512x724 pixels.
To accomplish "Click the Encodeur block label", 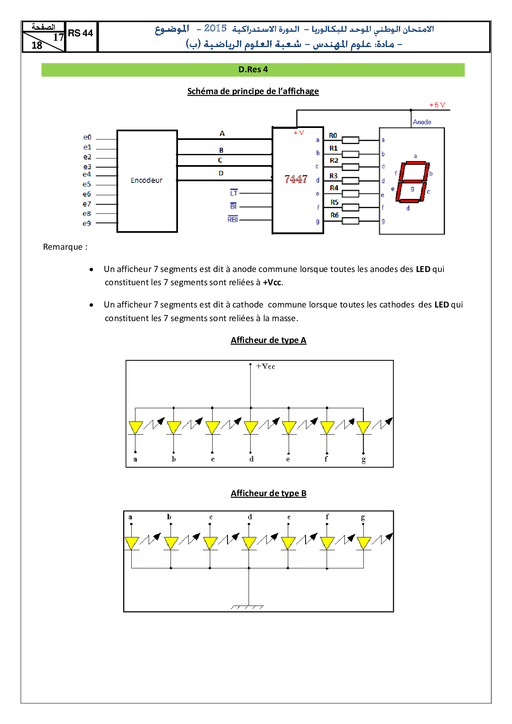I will pos(147,180).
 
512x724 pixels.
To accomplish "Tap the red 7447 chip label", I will pos(296,179).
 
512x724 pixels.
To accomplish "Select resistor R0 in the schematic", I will pos(351,140).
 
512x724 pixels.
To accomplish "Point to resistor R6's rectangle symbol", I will pos(351,221).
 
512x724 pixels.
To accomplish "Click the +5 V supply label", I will pos(437,105).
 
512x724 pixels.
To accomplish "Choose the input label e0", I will pos(87,137).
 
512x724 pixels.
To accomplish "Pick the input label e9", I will pos(87,223).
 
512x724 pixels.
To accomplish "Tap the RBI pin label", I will pos(233,220).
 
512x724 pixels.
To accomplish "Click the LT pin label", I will pos(234,193).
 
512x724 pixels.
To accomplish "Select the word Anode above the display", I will pos(422,122).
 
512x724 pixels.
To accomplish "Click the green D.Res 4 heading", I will pos(253,70).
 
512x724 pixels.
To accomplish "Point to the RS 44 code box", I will pos(81,34).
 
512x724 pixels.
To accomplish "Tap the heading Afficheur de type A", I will pos(268,340).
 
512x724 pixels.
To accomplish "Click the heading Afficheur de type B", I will pos(268,493).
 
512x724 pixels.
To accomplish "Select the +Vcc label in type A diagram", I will pos(265,367).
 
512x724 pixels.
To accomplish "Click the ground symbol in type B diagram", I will pos(248,607).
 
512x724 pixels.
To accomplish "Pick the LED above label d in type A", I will pos(251,428).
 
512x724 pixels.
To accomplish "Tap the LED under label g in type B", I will pos(364,543).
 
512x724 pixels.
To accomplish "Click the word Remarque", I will pos(63,247).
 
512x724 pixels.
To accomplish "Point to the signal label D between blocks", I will pos(221,173).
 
